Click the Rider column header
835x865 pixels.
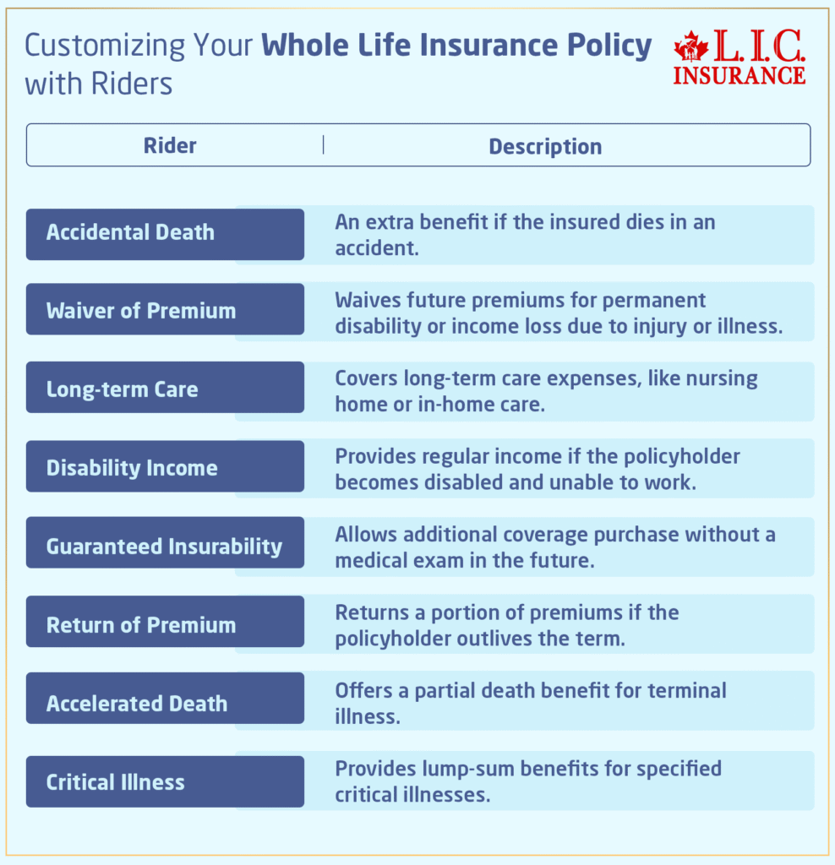pos(170,145)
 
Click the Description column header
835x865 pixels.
pos(545,146)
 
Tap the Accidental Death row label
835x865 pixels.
pos(130,232)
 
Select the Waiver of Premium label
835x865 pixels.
pos(141,311)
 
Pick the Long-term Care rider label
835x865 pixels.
pos(122,389)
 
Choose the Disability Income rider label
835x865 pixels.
pos(132,468)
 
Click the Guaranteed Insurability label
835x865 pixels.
pos(164,547)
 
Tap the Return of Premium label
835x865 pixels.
pos(141,625)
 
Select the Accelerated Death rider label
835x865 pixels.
pos(137,704)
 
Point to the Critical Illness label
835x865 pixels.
pos(115,782)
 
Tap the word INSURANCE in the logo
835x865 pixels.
pos(739,74)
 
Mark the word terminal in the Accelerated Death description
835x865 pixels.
pos(687,690)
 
